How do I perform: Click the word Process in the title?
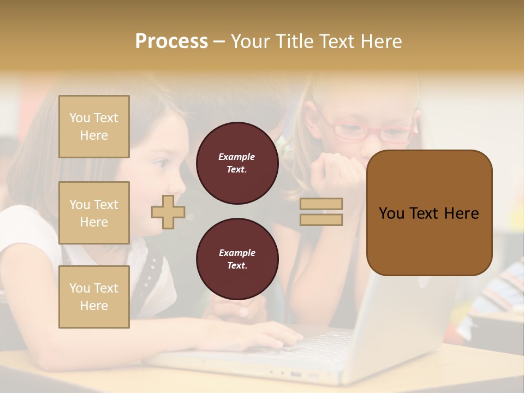coord(171,41)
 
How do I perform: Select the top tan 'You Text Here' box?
coord(94,127)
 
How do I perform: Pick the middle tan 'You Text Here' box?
coord(94,213)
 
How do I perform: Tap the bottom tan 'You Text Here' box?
coord(94,297)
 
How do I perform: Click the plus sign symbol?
coord(168,212)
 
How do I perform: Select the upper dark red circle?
coord(237,163)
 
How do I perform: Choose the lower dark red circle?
coord(237,259)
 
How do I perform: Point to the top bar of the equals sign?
coord(321,204)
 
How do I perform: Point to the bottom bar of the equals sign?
coord(321,219)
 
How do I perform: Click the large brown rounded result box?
coord(429,213)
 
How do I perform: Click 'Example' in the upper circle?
coord(237,157)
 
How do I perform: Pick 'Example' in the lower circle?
coord(237,253)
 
